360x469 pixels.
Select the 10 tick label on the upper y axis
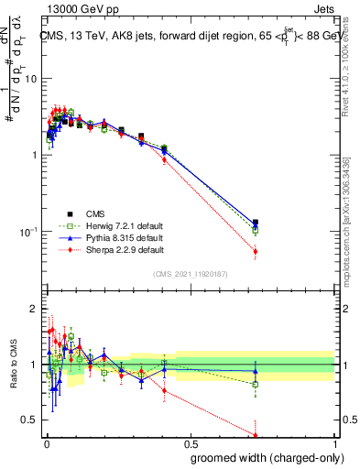pyautogui.click(x=29, y=78)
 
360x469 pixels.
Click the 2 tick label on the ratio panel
pyautogui.click(x=33, y=309)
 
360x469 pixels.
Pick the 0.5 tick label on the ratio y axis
pyautogui.click(x=29, y=420)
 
